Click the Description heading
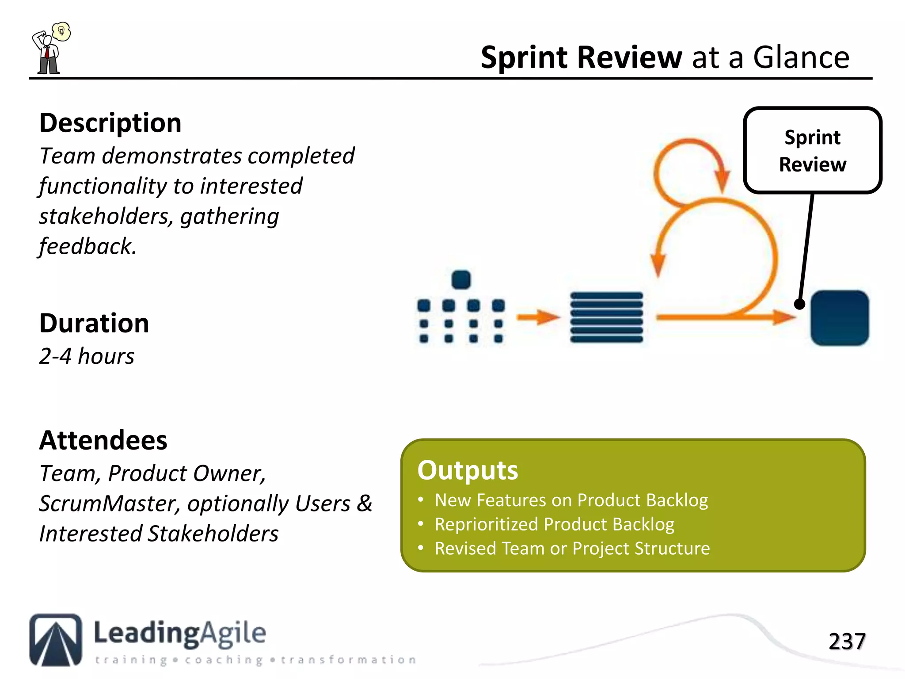tap(110, 123)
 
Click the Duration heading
tap(94, 323)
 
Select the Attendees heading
tap(103, 440)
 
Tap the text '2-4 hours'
tap(87, 356)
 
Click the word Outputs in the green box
tap(468, 470)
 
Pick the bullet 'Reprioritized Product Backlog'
tap(554, 524)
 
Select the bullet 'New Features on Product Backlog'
tap(571, 500)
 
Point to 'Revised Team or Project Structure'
tap(572, 549)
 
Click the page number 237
tap(846, 641)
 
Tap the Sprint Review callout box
tap(812, 150)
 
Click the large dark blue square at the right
tap(839, 318)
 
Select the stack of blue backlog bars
tap(606, 317)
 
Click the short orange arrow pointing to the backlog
tap(538, 317)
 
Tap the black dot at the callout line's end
tap(799, 304)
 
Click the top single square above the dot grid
tap(461, 280)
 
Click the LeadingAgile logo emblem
tap(56, 640)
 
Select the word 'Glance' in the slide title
tap(801, 57)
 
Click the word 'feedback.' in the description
tap(87, 247)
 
